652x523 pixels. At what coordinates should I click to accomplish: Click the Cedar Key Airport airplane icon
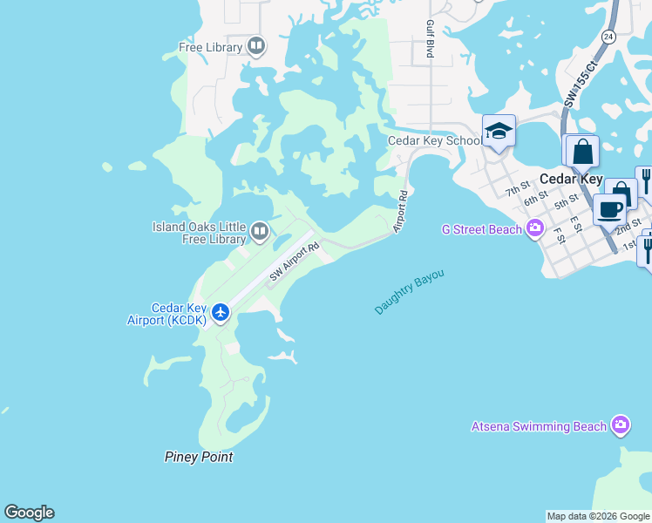coord(221,311)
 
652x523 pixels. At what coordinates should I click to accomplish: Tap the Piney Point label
coord(199,457)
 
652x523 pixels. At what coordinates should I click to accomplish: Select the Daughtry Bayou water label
coord(410,292)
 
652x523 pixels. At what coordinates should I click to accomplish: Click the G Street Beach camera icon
coord(535,229)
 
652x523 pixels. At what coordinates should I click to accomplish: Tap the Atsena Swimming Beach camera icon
coord(621,425)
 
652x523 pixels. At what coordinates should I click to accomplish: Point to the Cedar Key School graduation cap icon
coord(499,132)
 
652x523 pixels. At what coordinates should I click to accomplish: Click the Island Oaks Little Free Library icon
coord(259,231)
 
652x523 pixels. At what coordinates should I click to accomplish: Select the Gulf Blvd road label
coord(430,40)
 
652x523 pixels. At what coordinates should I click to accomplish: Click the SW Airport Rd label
coord(295,261)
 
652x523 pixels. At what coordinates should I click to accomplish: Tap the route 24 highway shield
coord(608,36)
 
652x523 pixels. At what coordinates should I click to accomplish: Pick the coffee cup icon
coord(610,209)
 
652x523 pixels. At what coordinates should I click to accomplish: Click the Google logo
coord(29,513)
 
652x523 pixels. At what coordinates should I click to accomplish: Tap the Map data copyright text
coord(598,516)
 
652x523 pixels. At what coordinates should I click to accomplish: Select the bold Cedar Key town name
coord(571,179)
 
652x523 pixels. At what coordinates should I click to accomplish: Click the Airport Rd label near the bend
coord(401,212)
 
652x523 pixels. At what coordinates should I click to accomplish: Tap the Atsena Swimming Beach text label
coord(539,426)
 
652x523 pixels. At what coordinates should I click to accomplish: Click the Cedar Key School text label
coord(434,140)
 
